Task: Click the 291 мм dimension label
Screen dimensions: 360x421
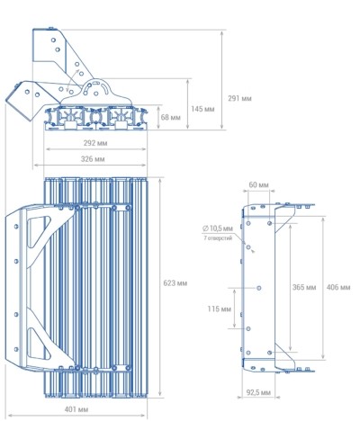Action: [x=239, y=98]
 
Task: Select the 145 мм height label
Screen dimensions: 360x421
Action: [x=202, y=109]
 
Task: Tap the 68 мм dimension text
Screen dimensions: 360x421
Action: [x=171, y=117]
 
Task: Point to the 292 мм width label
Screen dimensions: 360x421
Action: [x=95, y=143]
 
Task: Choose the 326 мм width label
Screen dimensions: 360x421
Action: [x=93, y=159]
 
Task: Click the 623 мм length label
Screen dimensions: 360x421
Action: [x=175, y=283]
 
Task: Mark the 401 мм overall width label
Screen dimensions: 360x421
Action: [x=76, y=409]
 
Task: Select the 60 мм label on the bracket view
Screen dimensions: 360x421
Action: [x=258, y=184]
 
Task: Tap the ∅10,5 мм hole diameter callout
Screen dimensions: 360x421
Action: [x=218, y=228]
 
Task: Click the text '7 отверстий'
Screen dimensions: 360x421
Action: [x=218, y=238]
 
